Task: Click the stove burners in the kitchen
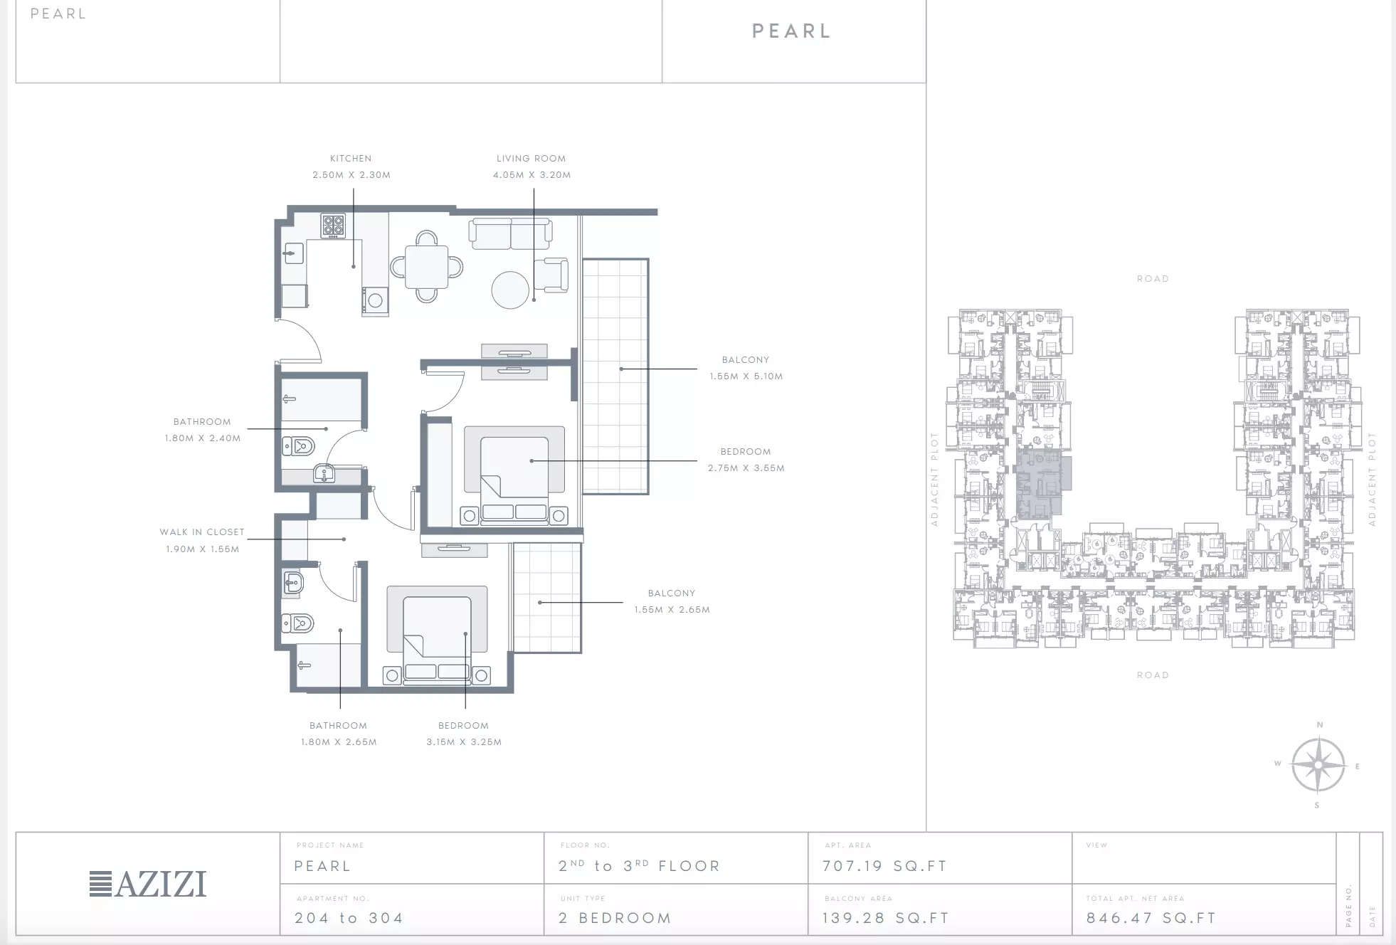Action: (x=334, y=226)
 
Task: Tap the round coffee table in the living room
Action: (x=510, y=290)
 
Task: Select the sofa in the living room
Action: (x=510, y=234)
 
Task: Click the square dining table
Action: (x=427, y=267)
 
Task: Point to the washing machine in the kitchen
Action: (x=375, y=300)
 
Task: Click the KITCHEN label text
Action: (x=351, y=159)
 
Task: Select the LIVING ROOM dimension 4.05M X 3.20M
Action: (x=532, y=175)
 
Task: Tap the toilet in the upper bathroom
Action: (x=299, y=446)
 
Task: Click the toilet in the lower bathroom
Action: (x=298, y=624)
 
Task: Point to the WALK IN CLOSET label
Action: (x=202, y=532)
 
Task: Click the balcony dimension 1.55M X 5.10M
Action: (x=746, y=376)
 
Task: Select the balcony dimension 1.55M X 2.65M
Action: (x=672, y=610)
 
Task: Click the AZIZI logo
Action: (x=148, y=884)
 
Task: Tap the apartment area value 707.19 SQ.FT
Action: (x=884, y=866)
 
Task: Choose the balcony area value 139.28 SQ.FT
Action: (x=886, y=918)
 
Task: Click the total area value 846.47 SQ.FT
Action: (x=1151, y=918)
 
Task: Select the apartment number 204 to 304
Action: (x=349, y=918)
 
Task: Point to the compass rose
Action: (x=1318, y=765)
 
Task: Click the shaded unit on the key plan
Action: (x=1040, y=484)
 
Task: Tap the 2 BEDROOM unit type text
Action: (x=615, y=918)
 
